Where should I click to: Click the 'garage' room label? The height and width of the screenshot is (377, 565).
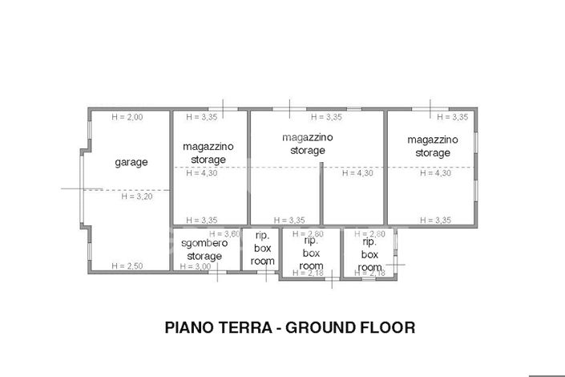pyautogui.click(x=131, y=162)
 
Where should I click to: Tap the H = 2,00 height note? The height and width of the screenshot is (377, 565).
pyautogui.click(x=127, y=117)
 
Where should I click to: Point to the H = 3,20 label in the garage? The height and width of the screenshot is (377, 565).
pyautogui.click(x=136, y=196)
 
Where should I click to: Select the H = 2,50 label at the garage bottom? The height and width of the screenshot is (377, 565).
pyautogui.click(x=127, y=266)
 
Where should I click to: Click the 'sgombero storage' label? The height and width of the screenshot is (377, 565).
pyautogui.click(x=204, y=249)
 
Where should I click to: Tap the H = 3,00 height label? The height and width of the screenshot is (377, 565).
pyautogui.click(x=195, y=266)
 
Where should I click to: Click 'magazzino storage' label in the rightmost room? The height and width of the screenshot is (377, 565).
pyautogui.click(x=432, y=146)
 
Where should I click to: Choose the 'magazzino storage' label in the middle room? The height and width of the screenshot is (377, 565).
pyautogui.click(x=308, y=144)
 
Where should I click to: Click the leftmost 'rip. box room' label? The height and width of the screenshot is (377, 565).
pyautogui.click(x=262, y=249)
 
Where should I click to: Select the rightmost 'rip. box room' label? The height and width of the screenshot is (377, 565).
pyautogui.click(x=369, y=254)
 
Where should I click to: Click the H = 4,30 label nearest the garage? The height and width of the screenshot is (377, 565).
pyautogui.click(x=201, y=172)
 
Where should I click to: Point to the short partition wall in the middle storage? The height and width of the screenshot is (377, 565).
pyautogui.click(x=321, y=193)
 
